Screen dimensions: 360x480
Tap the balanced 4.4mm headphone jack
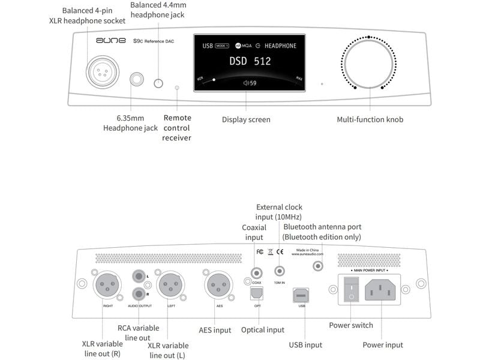159,83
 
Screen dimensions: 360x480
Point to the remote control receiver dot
177,88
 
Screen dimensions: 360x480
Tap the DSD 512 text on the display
250,61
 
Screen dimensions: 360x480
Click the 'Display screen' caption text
246,119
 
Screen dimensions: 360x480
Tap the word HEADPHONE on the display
280,46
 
